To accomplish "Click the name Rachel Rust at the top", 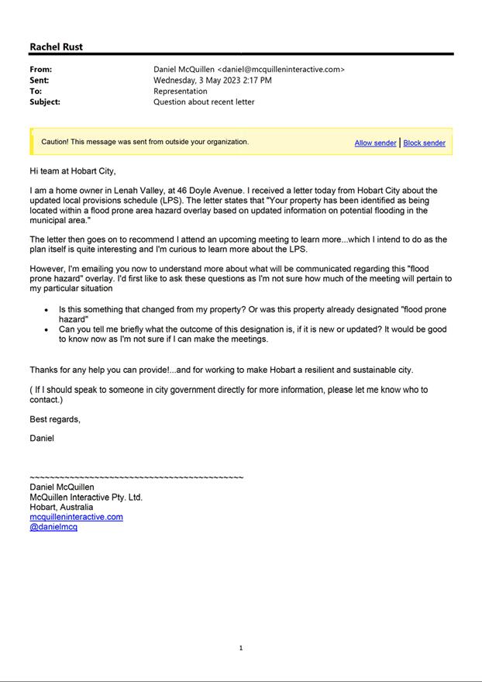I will tap(56, 46).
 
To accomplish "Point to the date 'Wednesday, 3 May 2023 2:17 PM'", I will tap(212, 80).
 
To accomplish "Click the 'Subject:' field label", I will tap(44, 102).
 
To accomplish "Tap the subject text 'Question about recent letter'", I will tap(204, 102).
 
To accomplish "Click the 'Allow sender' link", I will tap(375, 143).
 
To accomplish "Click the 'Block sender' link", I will tap(424, 143).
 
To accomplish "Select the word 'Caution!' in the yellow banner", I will tap(55, 142).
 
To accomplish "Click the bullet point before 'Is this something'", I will tap(46, 310).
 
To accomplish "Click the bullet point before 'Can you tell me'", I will tap(46, 330).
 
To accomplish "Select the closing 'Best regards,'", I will tap(55, 419).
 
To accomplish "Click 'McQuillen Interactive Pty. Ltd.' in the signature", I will tap(86, 498).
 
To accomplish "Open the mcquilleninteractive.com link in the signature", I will tap(76, 517).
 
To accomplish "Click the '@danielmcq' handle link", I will tap(53, 527).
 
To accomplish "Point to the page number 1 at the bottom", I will tap(241, 648).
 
